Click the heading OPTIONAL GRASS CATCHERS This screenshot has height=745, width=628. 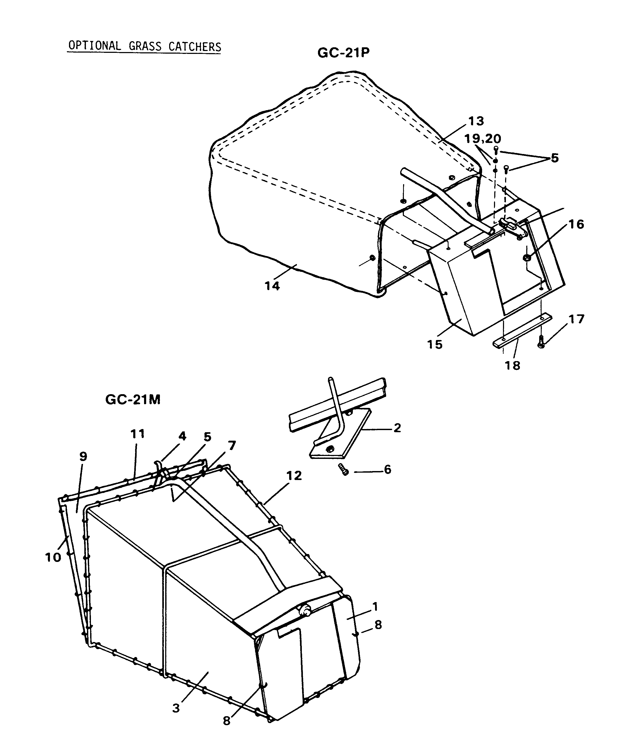pos(145,46)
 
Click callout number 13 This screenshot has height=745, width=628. pos(476,121)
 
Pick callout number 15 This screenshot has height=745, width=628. pos(435,344)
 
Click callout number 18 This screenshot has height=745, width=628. pos(513,365)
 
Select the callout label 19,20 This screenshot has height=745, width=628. pos(482,138)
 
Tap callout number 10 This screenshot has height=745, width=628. pos(53,557)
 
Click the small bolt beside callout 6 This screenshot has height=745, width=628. pos(344,469)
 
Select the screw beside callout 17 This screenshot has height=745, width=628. pos(541,342)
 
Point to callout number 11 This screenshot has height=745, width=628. pos(138,434)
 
